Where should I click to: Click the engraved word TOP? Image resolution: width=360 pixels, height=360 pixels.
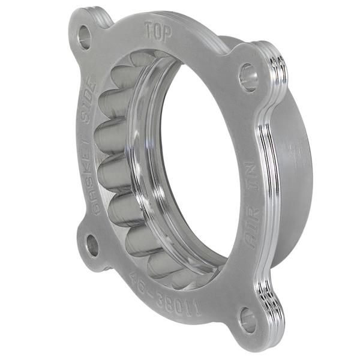158,32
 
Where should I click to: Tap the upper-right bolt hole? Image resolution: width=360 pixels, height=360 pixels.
248,77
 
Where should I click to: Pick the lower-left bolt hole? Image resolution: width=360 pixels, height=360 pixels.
92,245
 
